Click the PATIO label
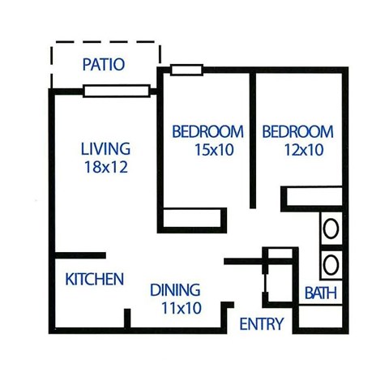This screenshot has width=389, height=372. tap(104, 65)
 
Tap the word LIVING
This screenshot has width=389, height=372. tap(105, 150)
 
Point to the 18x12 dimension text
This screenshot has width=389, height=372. tap(105, 168)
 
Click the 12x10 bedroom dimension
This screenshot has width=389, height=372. tap(297, 149)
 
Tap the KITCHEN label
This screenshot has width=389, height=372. tap(95, 280)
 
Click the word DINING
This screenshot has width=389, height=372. tap(176, 290)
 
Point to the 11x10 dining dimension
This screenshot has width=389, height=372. tap(176, 308)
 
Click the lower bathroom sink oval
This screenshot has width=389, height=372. tap(331, 263)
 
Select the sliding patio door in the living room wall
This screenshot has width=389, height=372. tap(117, 91)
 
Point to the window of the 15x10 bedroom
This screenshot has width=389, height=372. tap(187, 71)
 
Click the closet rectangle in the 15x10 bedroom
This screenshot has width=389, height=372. tap(193, 218)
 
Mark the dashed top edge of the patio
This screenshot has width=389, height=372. tap(105, 42)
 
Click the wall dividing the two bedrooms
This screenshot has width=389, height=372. tap(253, 138)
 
